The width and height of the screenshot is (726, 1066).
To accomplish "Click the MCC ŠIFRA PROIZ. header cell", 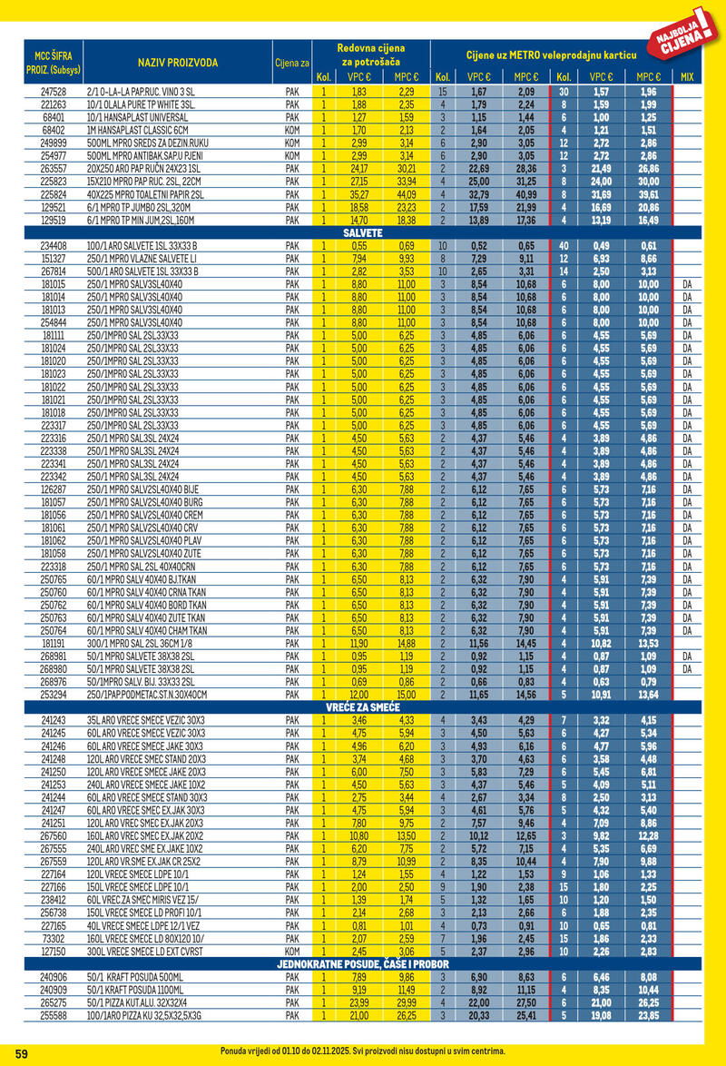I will [52, 63].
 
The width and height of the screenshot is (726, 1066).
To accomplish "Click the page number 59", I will [23, 1053].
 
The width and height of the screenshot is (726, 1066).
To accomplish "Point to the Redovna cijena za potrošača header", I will [370, 54].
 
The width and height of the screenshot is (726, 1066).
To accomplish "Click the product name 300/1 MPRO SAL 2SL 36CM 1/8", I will [147, 644].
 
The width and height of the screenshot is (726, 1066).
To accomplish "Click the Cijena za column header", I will [292, 63].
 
